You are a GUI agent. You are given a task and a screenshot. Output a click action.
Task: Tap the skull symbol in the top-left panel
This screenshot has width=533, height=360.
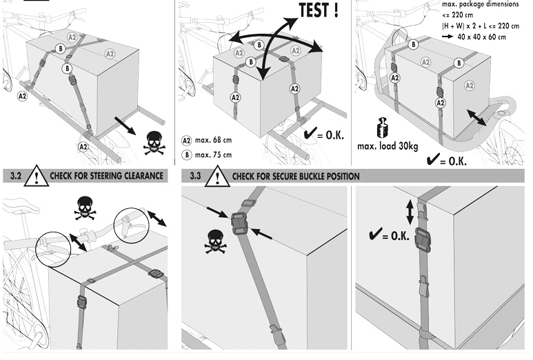coord(154,143)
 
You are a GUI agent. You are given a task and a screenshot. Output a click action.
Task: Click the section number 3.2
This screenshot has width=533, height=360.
coord(13,176)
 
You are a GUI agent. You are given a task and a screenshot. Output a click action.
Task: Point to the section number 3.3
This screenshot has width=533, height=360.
coord(196,177)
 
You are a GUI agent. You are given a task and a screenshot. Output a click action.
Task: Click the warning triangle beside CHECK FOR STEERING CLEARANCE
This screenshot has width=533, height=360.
coord(36,177)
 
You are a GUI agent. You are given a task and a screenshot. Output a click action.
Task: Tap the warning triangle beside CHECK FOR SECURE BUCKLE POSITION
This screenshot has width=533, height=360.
coord(218,177)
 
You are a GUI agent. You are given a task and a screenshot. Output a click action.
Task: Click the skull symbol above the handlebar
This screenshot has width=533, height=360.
coord(86,206)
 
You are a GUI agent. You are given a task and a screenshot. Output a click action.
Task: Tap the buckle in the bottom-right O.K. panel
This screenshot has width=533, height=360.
coord(422,240)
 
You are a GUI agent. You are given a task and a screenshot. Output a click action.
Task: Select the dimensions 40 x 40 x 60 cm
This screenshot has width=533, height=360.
coord(483,37)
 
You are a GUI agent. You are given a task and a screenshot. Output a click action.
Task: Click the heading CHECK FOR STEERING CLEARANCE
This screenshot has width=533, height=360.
coord(106,177)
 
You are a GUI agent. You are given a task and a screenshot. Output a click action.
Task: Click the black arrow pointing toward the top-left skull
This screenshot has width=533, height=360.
coord(125,127)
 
